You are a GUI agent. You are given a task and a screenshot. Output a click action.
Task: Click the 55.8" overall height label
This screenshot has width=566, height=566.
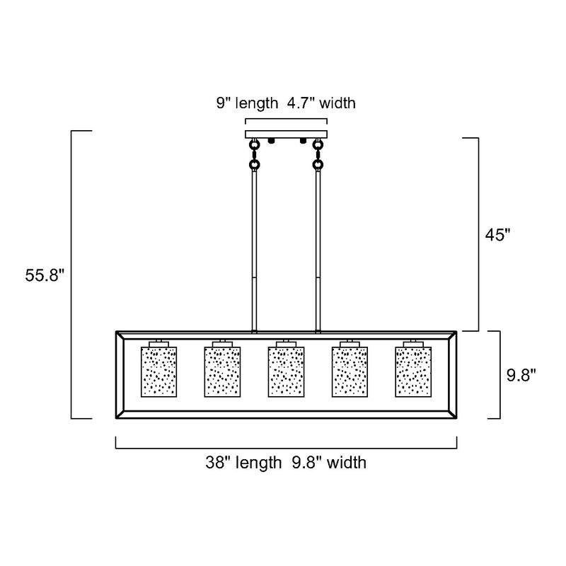45,276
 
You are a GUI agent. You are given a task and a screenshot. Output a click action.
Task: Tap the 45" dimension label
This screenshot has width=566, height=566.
498,235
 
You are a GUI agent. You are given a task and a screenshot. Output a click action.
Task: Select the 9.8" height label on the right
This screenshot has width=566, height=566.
521,375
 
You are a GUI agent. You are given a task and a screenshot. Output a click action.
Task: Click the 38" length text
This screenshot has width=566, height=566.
243,463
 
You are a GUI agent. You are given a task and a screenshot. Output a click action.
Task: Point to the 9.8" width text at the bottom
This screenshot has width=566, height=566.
329,463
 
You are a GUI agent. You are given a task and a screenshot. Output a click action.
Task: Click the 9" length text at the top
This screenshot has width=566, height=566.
247,103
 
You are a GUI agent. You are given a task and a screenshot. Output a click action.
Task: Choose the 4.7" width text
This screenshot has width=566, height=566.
321,103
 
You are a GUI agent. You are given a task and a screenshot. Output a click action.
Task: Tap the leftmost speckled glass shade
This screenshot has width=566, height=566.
158,372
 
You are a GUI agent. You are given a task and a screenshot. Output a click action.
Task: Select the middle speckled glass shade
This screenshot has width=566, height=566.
287,372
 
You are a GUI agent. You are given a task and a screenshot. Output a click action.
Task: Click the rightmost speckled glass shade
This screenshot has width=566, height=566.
413,372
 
